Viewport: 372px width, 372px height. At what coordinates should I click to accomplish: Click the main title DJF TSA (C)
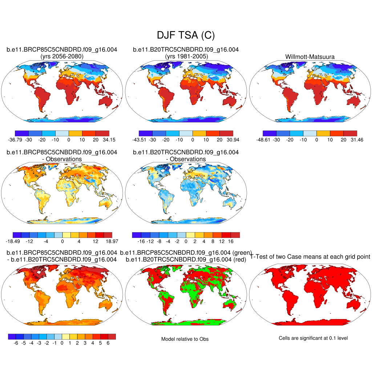click(x=186, y=35)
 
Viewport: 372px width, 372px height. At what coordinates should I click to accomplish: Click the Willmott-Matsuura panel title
click(x=310, y=56)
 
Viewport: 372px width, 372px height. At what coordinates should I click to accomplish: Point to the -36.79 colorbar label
click(x=15, y=139)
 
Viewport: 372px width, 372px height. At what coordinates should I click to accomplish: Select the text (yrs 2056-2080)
click(x=62, y=56)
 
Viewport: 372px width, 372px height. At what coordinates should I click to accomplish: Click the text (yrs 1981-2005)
click(x=186, y=56)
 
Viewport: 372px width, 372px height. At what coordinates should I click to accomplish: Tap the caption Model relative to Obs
click(x=185, y=339)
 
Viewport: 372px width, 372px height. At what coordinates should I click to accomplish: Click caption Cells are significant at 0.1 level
click(x=313, y=338)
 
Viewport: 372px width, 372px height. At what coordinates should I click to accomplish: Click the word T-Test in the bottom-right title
click(x=258, y=256)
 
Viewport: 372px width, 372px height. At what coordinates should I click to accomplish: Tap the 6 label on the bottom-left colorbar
click(x=108, y=343)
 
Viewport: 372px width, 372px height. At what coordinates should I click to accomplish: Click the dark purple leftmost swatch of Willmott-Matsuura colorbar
click(x=270, y=133)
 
